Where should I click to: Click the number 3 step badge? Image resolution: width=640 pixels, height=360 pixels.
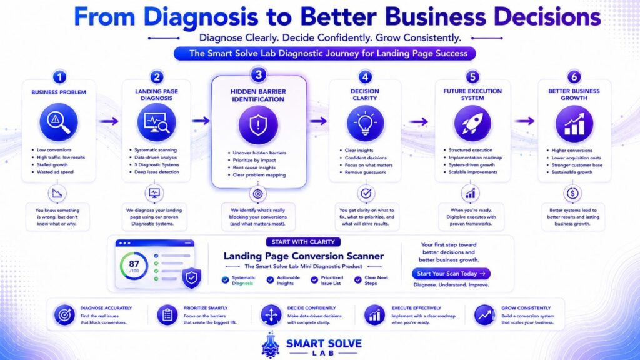coord(258,75)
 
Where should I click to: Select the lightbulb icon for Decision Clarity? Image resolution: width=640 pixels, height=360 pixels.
coord(365,123)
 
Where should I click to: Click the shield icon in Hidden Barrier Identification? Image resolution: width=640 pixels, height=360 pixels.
coord(258,125)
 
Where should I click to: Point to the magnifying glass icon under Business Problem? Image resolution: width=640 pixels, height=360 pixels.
coord(59,122)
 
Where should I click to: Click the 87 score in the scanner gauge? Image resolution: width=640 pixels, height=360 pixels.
coord(134,264)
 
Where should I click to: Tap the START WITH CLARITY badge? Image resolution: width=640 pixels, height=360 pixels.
coord(303,242)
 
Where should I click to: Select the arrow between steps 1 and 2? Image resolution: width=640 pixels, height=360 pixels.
coord(109,121)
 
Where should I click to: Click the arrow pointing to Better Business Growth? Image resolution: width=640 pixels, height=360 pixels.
coord(524,121)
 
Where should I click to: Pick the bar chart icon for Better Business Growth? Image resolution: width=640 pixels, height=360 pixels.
coord(574,124)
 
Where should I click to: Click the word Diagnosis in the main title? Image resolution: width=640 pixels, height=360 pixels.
coord(201,17)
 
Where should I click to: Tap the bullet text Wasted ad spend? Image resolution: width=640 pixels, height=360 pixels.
coord(55,172)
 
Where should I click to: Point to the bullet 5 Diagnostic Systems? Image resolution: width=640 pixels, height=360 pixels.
coord(157,164)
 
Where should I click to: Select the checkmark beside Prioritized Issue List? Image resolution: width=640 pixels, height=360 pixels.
coord(314,280)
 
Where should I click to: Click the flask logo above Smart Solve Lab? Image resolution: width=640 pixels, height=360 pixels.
coord(270,345)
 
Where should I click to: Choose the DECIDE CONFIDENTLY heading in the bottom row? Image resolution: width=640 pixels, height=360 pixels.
coord(311,308)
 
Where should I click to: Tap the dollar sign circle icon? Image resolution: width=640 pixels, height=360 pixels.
coord(572,194)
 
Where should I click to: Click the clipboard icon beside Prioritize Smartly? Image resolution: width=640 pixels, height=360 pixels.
coord(167,315)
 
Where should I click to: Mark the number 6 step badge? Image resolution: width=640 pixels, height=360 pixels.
coord(574,77)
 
